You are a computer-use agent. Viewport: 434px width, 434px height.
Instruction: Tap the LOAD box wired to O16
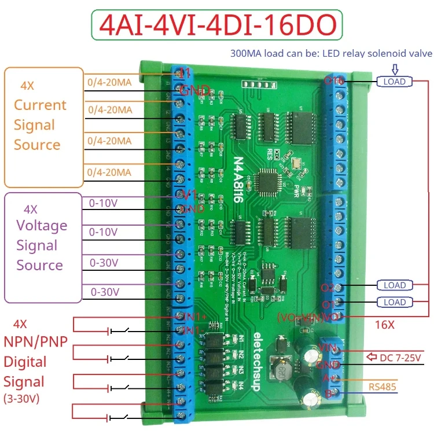[x=395, y=82]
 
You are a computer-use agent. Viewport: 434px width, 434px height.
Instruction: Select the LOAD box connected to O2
[x=395, y=285]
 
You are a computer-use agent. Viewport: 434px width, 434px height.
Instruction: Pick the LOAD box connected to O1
[x=395, y=302]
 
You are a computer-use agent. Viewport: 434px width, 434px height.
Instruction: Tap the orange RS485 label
[x=382, y=387]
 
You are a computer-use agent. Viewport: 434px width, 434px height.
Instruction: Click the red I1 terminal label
[x=185, y=74]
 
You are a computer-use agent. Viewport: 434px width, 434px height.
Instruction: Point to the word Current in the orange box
[x=40, y=105]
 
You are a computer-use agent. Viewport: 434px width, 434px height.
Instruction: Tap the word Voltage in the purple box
[x=42, y=226]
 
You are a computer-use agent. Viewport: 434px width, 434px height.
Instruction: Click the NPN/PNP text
[x=36, y=342]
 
